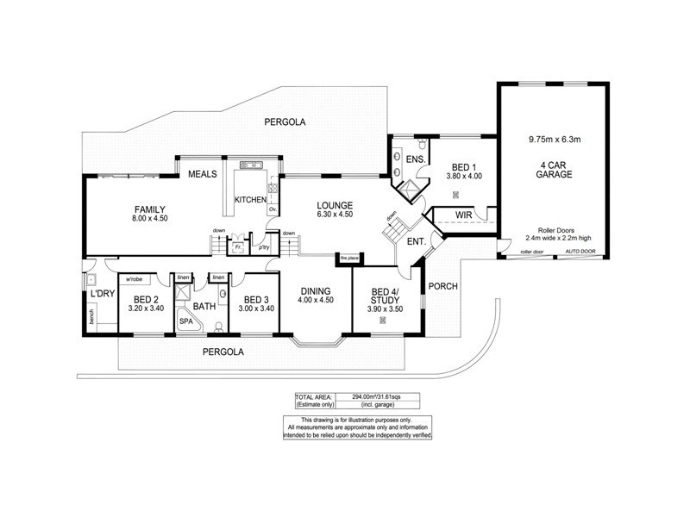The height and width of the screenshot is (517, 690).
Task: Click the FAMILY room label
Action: (149, 209)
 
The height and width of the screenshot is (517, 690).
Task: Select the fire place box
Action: (348, 258)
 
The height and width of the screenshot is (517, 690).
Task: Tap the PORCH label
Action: (442, 286)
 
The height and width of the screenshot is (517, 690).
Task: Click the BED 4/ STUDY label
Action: (386, 296)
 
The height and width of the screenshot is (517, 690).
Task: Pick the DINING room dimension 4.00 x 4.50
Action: (315, 300)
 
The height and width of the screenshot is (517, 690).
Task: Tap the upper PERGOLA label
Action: (285, 123)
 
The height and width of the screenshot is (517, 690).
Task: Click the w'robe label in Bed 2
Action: (134, 279)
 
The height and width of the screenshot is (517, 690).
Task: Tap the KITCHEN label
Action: (251, 200)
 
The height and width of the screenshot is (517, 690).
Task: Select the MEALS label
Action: (202, 174)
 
